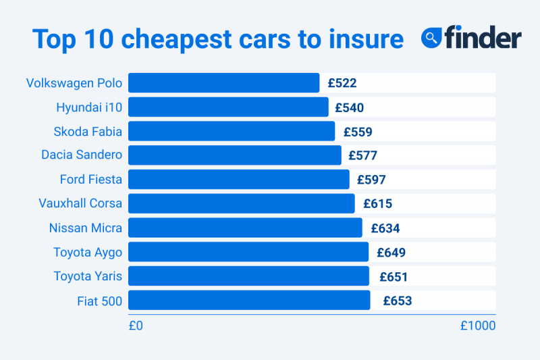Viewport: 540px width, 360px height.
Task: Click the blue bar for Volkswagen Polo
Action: click(223, 83)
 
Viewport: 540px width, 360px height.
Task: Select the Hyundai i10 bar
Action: click(228, 107)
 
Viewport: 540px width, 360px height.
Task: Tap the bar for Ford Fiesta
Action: click(238, 179)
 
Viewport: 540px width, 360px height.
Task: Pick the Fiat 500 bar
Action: click(249, 301)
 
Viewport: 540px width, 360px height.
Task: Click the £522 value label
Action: click(342, 83)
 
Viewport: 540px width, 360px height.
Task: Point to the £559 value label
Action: click(358, 132)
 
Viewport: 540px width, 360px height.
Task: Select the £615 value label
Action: click(377, 203)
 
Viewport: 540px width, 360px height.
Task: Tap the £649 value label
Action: click(391, 253)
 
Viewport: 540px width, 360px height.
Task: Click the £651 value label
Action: click(393, 277)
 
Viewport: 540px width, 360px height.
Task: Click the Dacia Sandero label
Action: click(82, 155)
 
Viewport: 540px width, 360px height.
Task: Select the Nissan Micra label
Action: click(86, 228)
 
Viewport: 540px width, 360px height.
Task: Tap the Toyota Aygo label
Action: click(88, 253)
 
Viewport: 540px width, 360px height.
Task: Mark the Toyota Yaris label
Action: click(88, 277)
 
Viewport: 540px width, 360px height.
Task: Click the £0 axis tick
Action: click(136, 326)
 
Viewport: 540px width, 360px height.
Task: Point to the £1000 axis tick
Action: click(478, 326)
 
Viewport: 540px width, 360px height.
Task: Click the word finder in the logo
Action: click(482, 38)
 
